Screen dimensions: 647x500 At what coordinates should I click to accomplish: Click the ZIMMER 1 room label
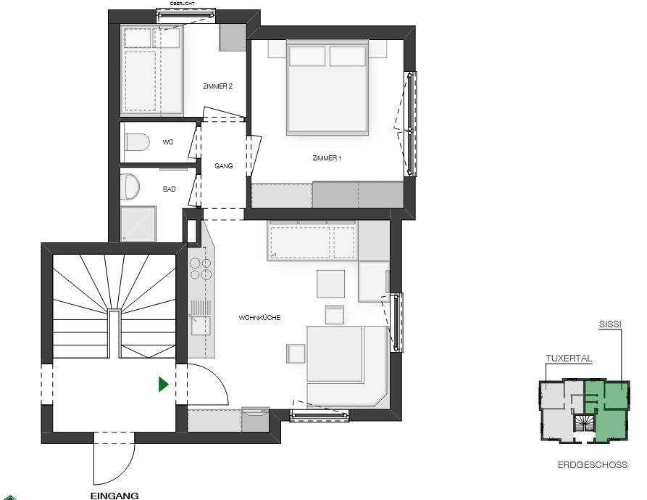(327, 158)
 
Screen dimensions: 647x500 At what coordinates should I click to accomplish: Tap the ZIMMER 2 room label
(217, 86)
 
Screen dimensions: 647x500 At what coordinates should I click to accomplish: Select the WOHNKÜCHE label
(259, 317)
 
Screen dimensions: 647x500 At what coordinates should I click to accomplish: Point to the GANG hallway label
(224, 165)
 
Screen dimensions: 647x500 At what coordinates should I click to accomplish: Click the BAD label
(170, 189)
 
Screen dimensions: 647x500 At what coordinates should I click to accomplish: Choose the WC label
(168, 142)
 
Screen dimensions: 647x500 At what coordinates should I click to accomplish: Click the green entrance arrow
(164, 385)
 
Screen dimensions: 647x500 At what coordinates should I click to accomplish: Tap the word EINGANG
(114, 496)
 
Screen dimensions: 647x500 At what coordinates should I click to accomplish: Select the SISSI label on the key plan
(610, 324)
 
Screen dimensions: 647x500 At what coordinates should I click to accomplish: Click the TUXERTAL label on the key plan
(569, 358)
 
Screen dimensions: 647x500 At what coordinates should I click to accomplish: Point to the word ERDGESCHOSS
(593, 465)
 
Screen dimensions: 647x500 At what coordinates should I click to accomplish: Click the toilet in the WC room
(136, 142)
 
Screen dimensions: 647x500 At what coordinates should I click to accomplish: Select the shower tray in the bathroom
(138, 224)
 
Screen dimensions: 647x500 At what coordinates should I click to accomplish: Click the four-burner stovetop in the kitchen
(201, 269)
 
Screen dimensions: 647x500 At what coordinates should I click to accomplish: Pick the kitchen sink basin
(201, 325)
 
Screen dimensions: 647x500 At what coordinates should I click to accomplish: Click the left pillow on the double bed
(307, 56)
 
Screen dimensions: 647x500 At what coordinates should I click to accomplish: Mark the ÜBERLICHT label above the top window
(182, 4)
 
